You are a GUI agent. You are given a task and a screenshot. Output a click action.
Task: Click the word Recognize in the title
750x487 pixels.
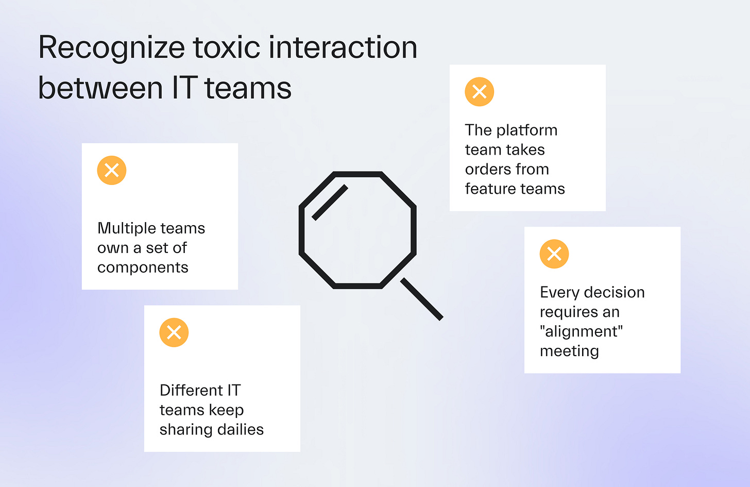click(111, 48)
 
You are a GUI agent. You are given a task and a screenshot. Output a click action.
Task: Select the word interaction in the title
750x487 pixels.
click(343, 47)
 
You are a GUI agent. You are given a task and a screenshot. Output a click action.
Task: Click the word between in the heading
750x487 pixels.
click(100, 88)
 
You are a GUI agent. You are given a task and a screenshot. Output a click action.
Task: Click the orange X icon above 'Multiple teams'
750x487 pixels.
click(112, 170)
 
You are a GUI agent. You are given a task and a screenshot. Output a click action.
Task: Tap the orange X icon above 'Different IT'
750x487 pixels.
click(174, 332)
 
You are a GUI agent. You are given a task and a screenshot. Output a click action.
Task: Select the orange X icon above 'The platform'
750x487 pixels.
click(480, 92)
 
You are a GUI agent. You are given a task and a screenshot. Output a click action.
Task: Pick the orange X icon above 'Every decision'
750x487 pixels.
click(554, 254)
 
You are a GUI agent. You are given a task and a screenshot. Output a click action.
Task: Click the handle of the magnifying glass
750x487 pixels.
click(422, 299)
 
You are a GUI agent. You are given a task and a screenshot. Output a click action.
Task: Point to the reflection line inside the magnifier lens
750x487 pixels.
click(330, 203)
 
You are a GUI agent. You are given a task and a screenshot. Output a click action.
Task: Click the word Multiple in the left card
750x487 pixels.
click(123, 228)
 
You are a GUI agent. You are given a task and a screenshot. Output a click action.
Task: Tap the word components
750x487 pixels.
click(143, 268)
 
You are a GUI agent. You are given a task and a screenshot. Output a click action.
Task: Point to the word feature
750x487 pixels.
click(489, 189)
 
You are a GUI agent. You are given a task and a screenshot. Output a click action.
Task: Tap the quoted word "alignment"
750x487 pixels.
click(582, 331)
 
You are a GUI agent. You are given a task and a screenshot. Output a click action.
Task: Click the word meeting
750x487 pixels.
click(569, 351)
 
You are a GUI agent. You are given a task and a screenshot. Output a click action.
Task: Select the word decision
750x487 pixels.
click(614, 293)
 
